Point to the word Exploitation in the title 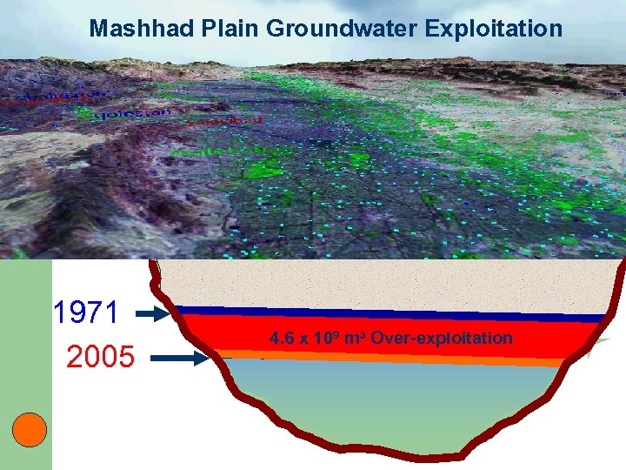(x=494, y=29)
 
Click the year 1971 (x=85, y=312)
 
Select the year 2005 (x=101, y=356)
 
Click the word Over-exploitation (x=442, y=338)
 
